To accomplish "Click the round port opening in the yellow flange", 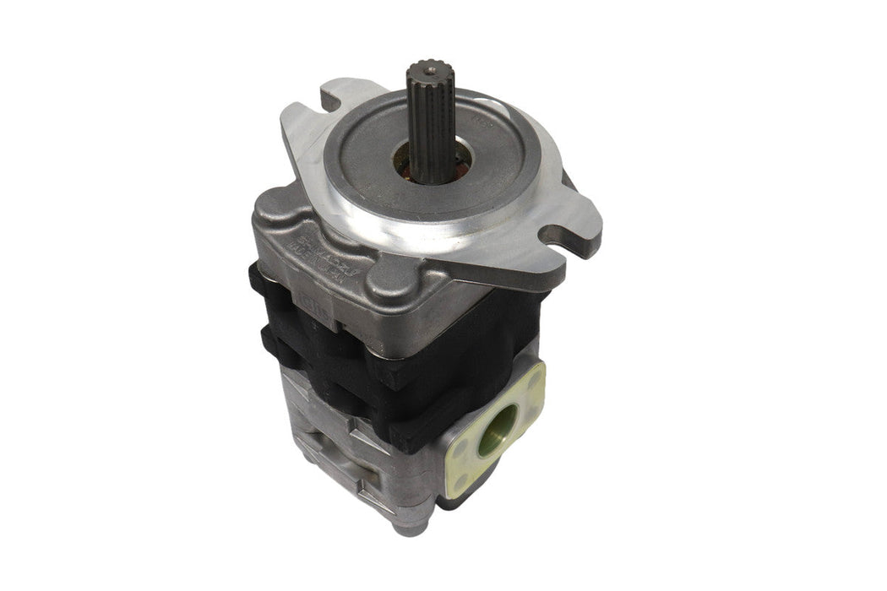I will [x=498, y=431].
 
